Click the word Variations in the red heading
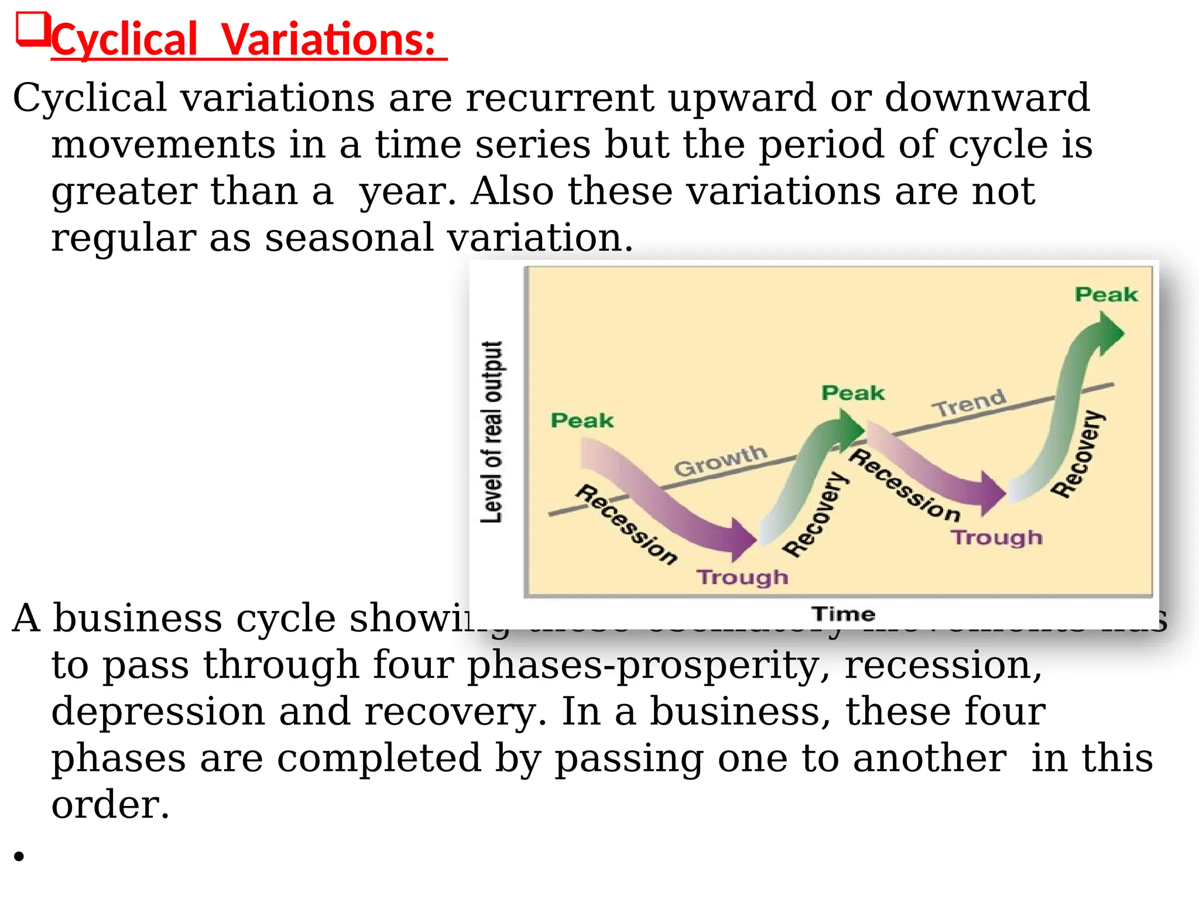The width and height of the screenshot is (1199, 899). click(328, 40)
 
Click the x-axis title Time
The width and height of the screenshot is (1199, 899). click(843, 614)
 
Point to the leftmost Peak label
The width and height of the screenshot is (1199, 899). click(582, 420)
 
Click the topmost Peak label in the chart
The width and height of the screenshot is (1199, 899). click(1106, 294)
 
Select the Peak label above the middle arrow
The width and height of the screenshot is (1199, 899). click(852, 393)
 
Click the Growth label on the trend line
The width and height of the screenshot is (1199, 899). click(720, 460)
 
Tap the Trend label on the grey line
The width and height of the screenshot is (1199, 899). click(969, 403)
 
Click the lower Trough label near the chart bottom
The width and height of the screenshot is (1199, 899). click(742, 577)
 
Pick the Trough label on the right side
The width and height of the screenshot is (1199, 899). click(996, 537)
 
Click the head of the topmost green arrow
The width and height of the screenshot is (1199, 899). click(1109, 332)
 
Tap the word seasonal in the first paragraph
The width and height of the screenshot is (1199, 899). click(349, 238)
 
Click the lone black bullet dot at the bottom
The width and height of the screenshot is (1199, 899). click(19, 857)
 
